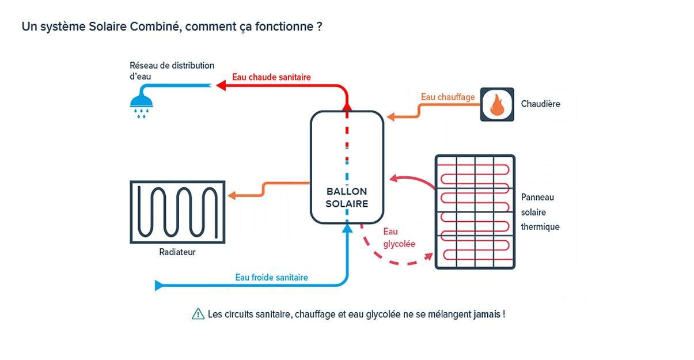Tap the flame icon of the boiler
[497, 104]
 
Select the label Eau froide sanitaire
[271, 277]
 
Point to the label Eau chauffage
[448, 97]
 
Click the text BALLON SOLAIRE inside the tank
[347, 197]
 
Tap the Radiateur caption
[177, 252]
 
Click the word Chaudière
[540, 104]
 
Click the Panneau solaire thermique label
[540, 212]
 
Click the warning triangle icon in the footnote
[198, 314]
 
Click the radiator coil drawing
[177, 212]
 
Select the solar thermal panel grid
[474, 211]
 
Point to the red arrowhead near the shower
[220, 85]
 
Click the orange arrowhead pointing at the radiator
[232, 196]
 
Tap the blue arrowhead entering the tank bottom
[347, 228]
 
